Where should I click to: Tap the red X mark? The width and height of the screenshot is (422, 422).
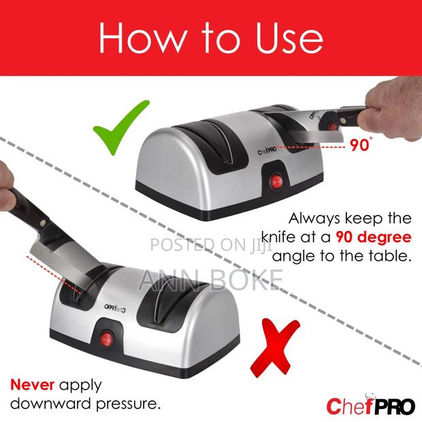coord(274,348)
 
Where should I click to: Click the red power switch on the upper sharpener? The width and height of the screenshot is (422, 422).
coord(276,183)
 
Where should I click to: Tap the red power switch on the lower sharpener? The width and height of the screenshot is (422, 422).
coord(106,340)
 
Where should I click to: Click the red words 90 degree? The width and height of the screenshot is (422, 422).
coord(374,237)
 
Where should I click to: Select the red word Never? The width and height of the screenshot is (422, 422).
coord(32,385)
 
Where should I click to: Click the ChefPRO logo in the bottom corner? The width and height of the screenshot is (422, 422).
coord(370,406)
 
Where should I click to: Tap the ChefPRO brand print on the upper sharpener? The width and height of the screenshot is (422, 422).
coord(267,152)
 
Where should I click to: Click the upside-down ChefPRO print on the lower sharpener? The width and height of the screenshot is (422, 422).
coord(115,308)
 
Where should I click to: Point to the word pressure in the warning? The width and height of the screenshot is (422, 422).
coord(127,404)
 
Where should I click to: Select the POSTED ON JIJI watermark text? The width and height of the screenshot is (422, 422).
coord(212,245)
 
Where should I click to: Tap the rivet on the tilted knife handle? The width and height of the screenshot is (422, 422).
coord(42,223)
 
